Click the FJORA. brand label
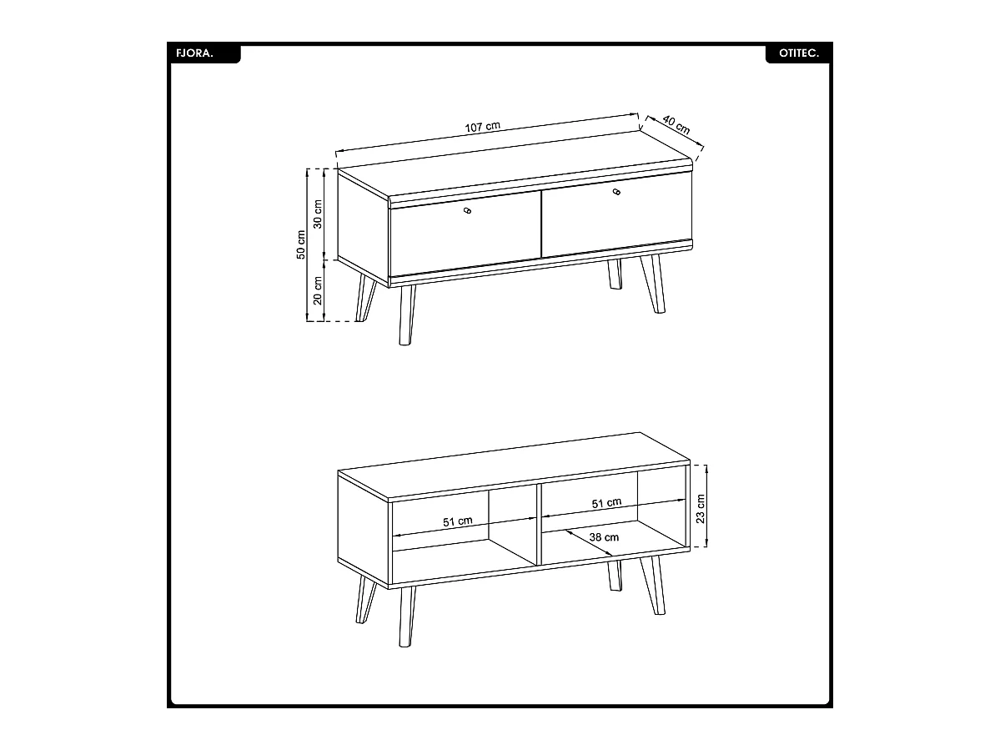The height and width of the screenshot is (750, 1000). click(194, 53)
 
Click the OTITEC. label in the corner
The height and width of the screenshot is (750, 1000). click(798, 53)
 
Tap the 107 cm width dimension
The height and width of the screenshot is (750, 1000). click(483, 126)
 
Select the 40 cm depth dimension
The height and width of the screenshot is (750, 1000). click(676, 124)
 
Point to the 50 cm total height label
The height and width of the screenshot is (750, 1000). click(301, 244)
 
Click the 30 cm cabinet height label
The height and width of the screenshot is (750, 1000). click(318, 214)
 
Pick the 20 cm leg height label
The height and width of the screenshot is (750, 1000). click(318, 291)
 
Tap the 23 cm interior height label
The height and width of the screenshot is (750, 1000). click(701, 508)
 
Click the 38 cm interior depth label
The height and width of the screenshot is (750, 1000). click(604, 537)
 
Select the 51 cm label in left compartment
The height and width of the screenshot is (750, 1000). click(458, 521)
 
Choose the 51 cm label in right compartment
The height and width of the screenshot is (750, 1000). click(606, 503)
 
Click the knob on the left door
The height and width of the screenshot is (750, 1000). click(468, 210)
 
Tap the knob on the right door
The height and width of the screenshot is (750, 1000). click(616, 192)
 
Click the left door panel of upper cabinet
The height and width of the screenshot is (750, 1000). click(465, 234)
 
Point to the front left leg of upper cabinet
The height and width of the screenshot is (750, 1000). click(407, 315)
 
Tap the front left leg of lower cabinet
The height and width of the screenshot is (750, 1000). click(407, 616)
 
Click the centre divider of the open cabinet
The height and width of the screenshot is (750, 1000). click(540, 525)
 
